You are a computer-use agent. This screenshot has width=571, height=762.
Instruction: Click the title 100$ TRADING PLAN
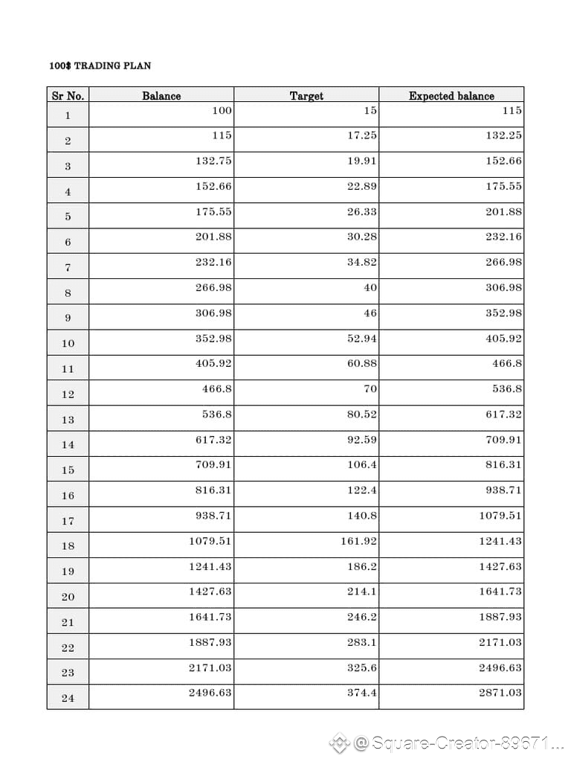pyautogui.click(x=100, y=65)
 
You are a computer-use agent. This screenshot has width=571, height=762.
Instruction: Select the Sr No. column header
pyautogui.click(x=68, y=95)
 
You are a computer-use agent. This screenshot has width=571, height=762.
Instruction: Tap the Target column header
pyautogui.click(x=306, y=95)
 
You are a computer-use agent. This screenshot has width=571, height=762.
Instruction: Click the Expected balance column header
pyautogui.click(x=451, y=95)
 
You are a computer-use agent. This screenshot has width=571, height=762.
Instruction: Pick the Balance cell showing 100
pyautogui.click(x=222, y=110)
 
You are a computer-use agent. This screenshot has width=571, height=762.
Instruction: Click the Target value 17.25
pyautogui.click(x=362, y=135)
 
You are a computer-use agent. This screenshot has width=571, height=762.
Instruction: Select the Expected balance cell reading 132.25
pyautogui.click(x=503, y=135)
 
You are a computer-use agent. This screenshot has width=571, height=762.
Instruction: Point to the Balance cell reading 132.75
pyautogui.click(x=213, y=161)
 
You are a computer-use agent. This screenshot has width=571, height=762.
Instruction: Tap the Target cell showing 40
pyautogui.click(x=370, y=287)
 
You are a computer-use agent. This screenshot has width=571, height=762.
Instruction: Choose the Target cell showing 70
pyautogui.click(x=370, y=388)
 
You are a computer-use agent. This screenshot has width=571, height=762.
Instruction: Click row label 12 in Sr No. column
pyautogui.click(x=68, y=394)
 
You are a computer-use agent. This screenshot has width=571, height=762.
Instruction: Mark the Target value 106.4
pyautogui.click(x=362, y=464)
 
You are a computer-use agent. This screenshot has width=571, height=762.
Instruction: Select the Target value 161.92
pyautogui.click(x=358, y=540)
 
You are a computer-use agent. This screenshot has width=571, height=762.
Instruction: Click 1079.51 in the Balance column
pyautogui.click(x=210, y=540)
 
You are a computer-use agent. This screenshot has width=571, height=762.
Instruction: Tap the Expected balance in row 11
pyautogui.click(x=507, y=363)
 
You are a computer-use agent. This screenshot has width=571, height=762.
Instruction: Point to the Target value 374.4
pyautogui.click(x=362, y=692)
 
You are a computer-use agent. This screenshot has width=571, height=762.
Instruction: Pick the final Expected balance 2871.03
pyautogui.click(x=500, y=692)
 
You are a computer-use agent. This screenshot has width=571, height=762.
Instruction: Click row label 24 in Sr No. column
pyautogui.click(x=68, y=698)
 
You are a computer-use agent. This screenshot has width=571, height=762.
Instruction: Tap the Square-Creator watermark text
pyautogui.click(x=459, y=743)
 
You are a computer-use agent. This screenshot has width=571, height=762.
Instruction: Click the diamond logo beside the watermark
pyautogui.click(x=339, y=742)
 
